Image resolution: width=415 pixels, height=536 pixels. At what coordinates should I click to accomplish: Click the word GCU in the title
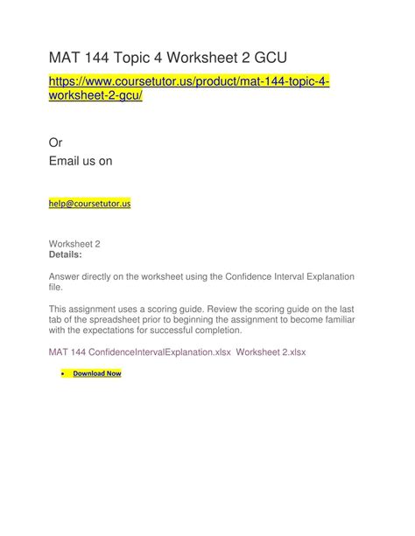[266, 59]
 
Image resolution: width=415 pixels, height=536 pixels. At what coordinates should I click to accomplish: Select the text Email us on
[80, 162]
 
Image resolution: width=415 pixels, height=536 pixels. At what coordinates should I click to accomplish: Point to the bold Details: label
[66, 254]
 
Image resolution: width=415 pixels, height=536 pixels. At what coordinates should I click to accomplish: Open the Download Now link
[97, 373]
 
